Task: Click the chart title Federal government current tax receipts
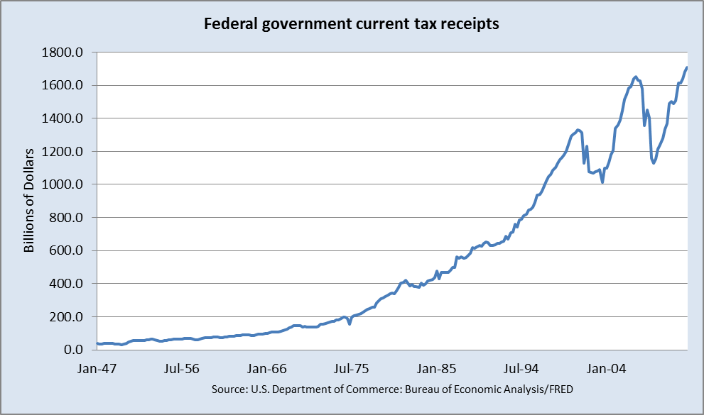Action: pos(352,24)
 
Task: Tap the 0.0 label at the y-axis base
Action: pos(77,350)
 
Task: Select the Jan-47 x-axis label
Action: pos(97,369)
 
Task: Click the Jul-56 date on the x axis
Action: pos(182,369)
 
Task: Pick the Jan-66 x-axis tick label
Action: pos(267,369)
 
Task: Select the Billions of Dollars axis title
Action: pos(30,201)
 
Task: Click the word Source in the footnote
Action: pos(228,389)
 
